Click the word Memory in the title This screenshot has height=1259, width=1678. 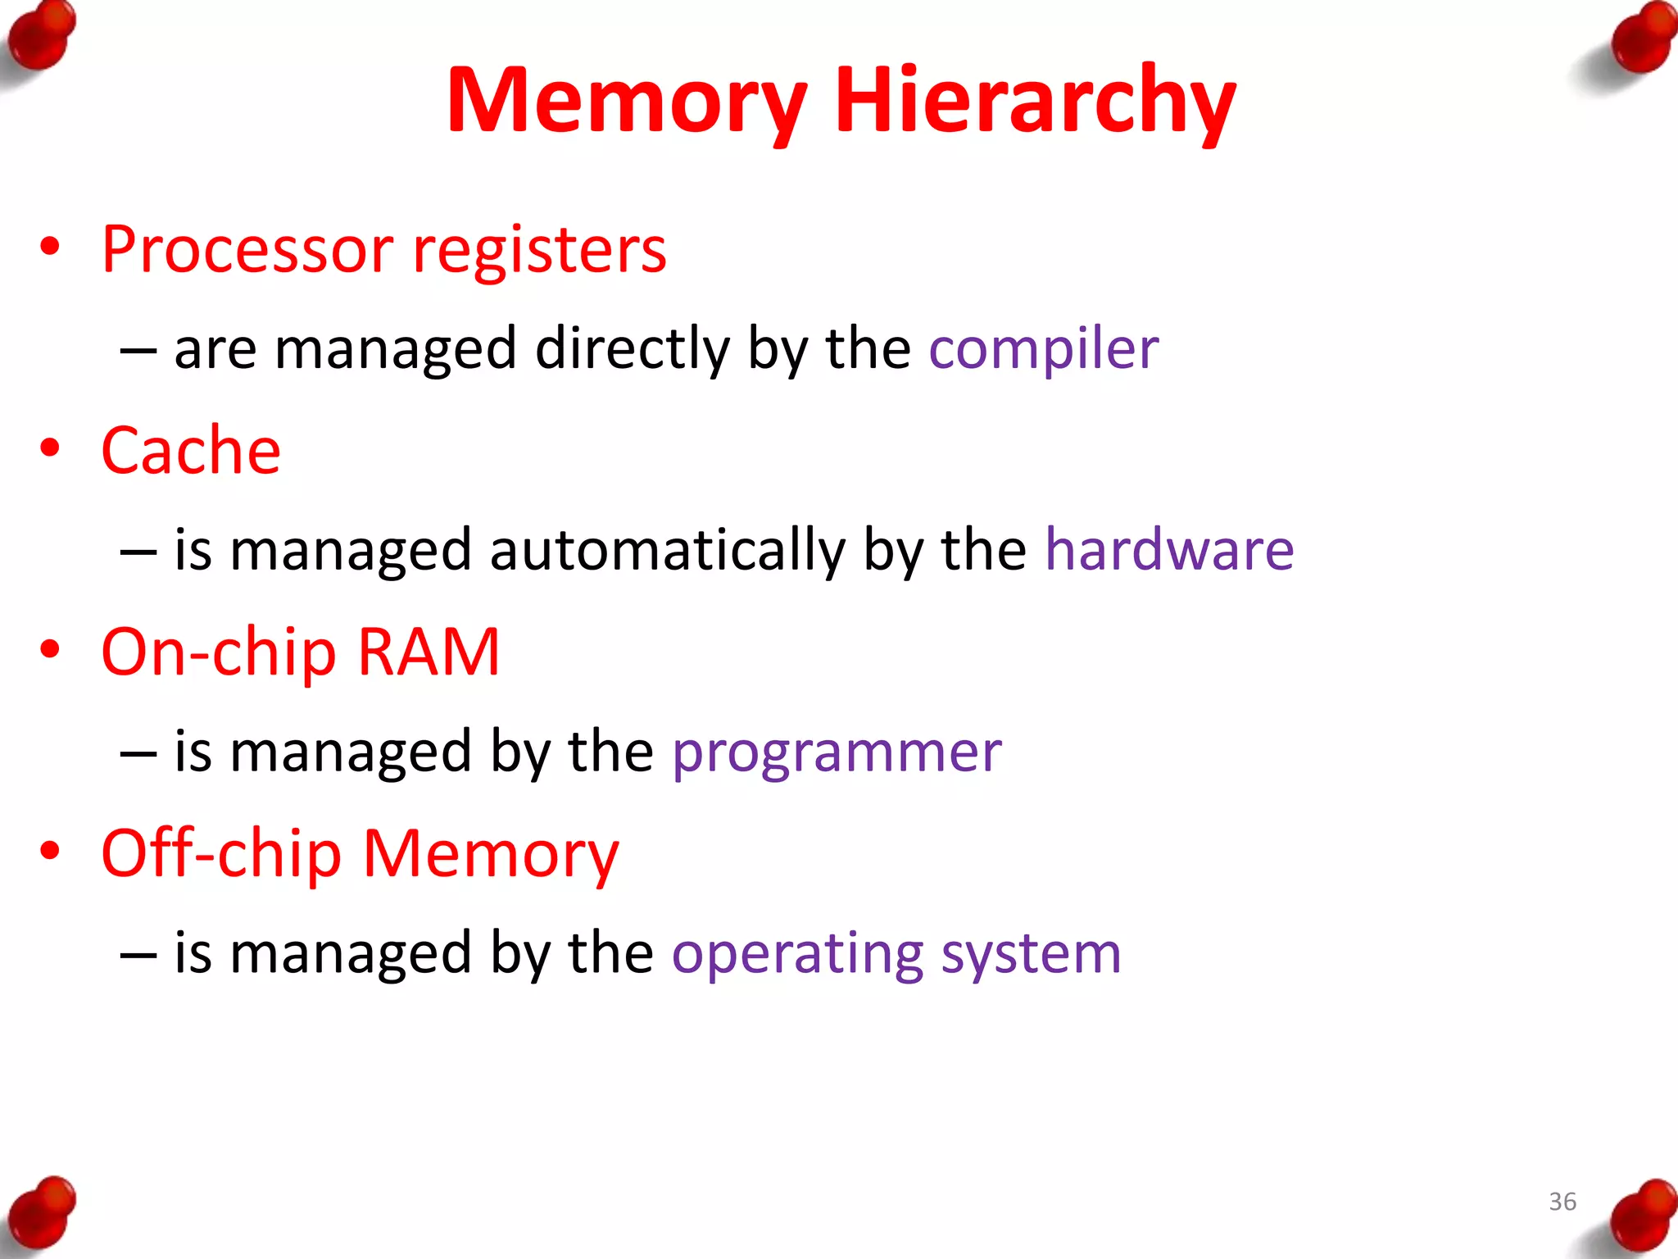click(x=627, y=100)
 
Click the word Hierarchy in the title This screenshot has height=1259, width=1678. click(x=1034, y=100)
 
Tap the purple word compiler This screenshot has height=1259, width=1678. click(x=1043, y=349)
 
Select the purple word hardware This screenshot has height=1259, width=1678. click(x=1169, y=549)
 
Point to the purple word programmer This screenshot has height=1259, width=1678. click(x=837, y=752)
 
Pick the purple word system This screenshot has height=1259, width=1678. click(x=1031, y=954)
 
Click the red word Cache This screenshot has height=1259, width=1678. click(x=191, y=451)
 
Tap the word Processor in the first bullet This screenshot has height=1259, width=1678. click(x=247, y=250)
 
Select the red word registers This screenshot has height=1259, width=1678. click(x=539, y=250)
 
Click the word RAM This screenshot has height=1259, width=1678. click(x=429, y=652)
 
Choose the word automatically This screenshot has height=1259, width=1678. click(x=667, y=551)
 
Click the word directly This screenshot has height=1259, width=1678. click(x=632, y=349)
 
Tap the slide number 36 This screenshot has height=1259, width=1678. click(x=1562, y=1202)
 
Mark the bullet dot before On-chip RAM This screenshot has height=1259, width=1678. click(x=50, y=649)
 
